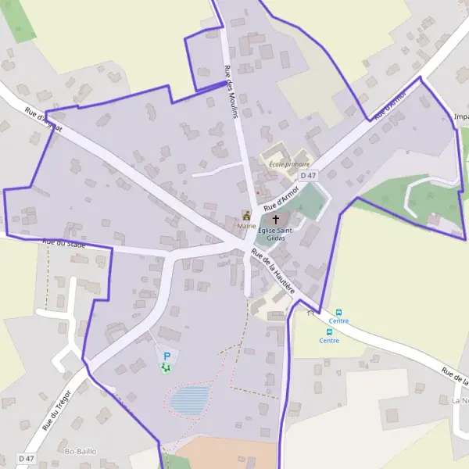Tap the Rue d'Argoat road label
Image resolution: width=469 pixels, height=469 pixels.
pos(43,119)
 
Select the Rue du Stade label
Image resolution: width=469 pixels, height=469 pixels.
pos(65,243)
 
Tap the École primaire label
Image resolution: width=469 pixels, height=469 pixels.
pos(289,164)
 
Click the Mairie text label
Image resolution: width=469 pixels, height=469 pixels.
pos(247,225)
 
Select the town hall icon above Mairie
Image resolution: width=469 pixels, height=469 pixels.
pos(247,215)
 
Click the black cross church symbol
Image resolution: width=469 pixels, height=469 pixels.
pos(275,220)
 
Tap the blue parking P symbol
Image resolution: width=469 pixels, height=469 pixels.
pos(166,356)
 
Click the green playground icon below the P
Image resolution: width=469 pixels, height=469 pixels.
pos(165,367)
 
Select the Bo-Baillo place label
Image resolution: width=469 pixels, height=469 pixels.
pos(80,452)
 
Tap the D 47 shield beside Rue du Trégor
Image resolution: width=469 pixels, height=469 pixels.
pos(26,458)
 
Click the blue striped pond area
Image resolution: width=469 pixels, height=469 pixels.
pos(190,400)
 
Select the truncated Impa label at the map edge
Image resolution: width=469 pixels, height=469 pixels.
pos(461,117)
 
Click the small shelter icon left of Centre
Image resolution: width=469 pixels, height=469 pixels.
pos(311,313)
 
